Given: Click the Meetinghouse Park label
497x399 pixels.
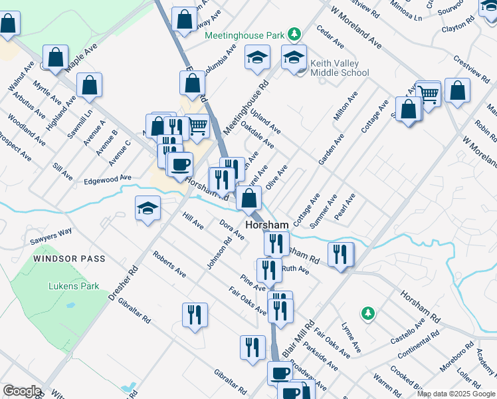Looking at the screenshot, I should (245, 35).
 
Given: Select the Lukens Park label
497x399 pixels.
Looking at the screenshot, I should (74, 287).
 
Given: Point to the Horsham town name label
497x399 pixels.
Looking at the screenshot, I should (267, 225).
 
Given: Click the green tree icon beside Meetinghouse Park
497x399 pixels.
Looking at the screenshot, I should (293, 34).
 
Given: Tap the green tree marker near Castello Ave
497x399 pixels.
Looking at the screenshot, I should (367, 312).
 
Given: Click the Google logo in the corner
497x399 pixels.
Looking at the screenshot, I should (22, 391).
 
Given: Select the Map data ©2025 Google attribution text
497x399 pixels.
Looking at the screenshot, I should (455, 394).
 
